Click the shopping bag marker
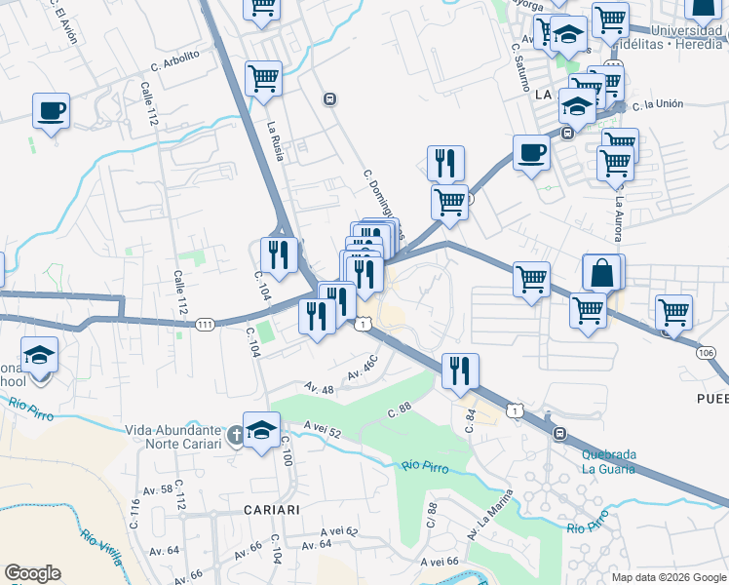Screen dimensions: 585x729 click(x=603, y=273)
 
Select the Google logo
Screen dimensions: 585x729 click(x=32, y=573)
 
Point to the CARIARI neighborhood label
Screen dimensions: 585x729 click(x=271, y=510)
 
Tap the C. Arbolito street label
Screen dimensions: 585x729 click(x=175, y=60)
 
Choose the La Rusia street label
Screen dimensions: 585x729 click(x=275, y=139)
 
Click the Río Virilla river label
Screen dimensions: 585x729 click(x=102, y=548)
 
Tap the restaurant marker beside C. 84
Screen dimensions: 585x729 click(x=460, y=371)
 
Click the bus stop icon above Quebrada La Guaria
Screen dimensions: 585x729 click(x=558, y=433)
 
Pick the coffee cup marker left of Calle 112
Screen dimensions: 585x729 click(x=51, y=111)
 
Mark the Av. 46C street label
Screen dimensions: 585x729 click(x=363, y=371)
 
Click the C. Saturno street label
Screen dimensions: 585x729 click(x=518, y=65)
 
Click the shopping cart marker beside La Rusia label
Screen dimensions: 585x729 click(x=263, y=79)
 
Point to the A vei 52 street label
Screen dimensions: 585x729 click(x=322, y=429)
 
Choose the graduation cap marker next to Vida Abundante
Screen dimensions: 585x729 click(x=261, y=430)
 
